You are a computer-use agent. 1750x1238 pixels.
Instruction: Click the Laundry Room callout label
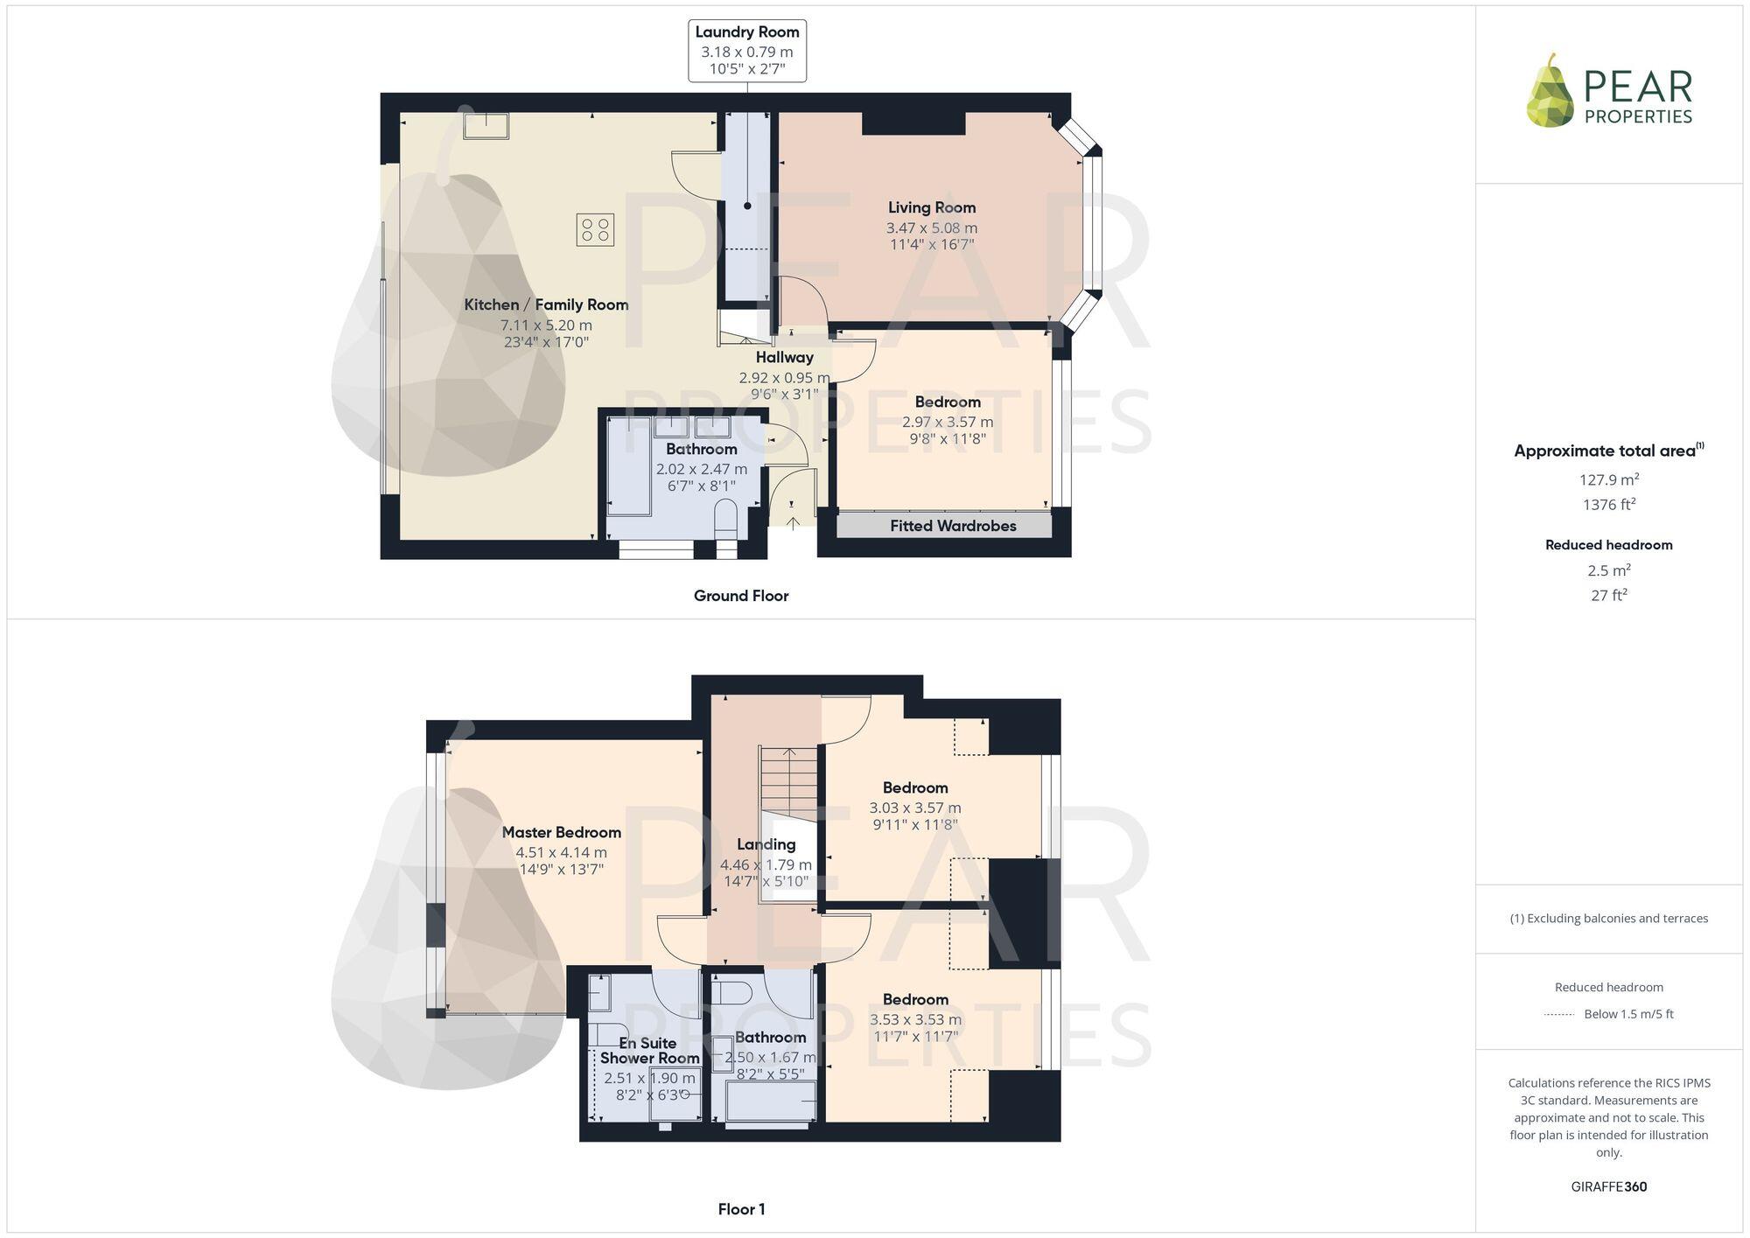click(747, 51)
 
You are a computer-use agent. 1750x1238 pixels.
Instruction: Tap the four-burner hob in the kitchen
click(595, 230)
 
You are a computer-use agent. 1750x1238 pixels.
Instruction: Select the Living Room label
click(931, 207)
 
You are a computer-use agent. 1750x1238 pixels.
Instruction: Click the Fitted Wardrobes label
click(953, 526)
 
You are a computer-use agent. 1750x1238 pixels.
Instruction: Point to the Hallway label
click(784, 357)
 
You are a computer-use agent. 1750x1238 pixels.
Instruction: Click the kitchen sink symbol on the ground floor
click(486, 125)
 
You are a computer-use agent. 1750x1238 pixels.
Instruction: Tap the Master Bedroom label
click(561, 832)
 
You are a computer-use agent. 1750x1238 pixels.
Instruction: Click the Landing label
click(766, 844)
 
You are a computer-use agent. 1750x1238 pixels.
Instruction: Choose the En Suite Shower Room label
click(649, 1050)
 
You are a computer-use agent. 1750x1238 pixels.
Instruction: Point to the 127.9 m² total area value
click(1608, 479)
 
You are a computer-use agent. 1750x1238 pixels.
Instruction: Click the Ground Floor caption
click(741, 596)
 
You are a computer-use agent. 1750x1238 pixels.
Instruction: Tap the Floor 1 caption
click(741, 1209)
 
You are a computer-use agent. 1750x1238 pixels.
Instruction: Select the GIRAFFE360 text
click(1608, 1186)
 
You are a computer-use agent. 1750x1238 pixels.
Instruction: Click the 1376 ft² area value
click(1608, 505)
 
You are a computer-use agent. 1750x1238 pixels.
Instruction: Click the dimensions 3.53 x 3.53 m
click(915, 1019)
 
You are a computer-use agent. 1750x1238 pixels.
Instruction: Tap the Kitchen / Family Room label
click(546, 304)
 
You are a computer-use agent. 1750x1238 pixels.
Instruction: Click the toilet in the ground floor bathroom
click(726, 515)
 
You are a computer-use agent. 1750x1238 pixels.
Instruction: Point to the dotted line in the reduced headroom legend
click(1559, 1015)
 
